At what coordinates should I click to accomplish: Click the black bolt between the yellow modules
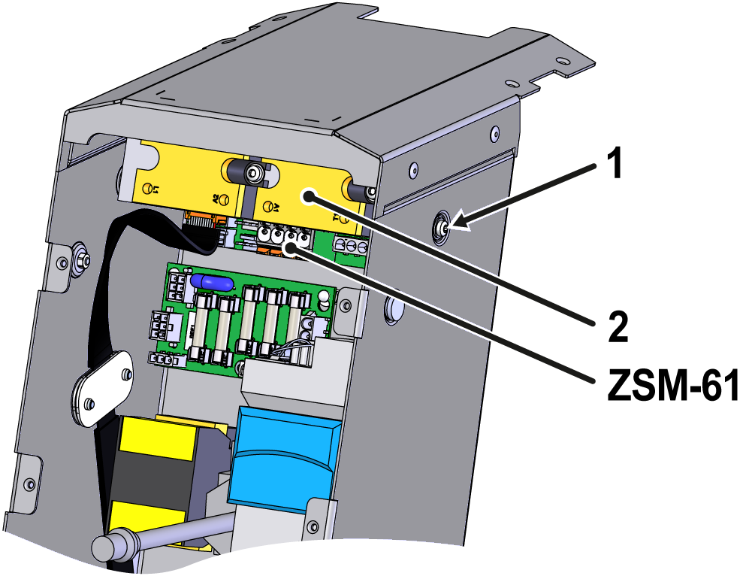click(249, 174)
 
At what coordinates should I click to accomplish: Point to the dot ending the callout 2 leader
click(309, 196)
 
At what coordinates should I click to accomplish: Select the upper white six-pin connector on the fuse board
click(177, 286)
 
